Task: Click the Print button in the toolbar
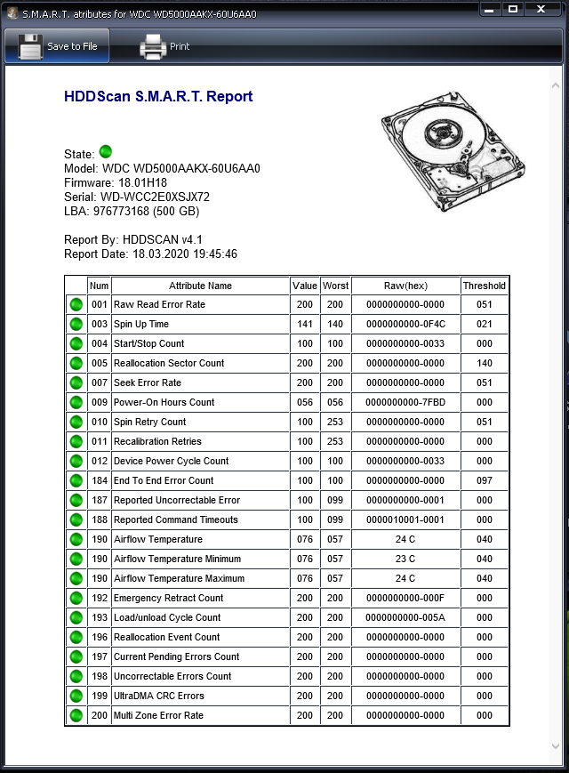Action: (165, 46)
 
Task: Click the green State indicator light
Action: (106, 152)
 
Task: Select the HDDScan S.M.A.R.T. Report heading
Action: (158, 97)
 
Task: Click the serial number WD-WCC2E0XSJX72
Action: (154, 197)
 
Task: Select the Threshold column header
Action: (484, 286)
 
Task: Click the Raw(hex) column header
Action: (405, 286)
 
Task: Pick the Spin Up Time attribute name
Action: (141, 324)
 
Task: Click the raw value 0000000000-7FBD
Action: (405, 402)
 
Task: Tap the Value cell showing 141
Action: (305, 324)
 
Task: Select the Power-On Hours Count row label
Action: (164, 402)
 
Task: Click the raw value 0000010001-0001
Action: (405, 519)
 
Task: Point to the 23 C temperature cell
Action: (405, 559)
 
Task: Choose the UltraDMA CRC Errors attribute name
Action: (159, 696)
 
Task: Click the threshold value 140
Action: (484, 363)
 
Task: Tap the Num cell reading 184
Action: (100, 480)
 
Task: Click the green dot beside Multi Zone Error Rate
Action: (76, 715)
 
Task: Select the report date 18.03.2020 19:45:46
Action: (185, 254)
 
